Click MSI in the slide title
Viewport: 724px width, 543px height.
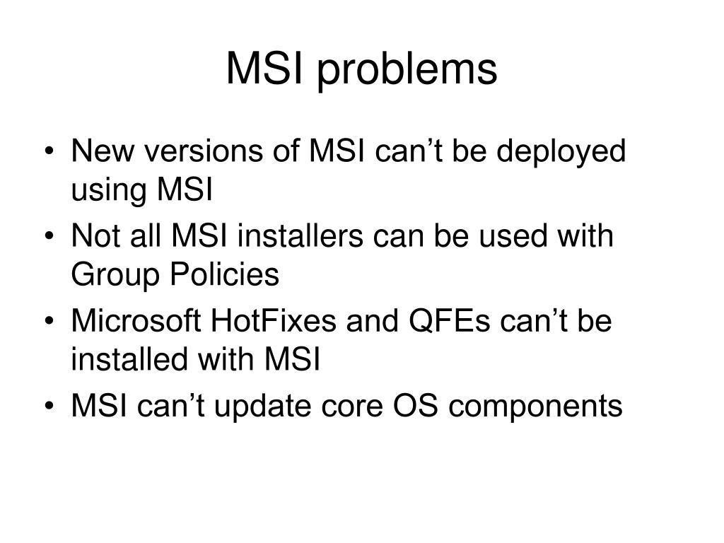click(x=265, y=69)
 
